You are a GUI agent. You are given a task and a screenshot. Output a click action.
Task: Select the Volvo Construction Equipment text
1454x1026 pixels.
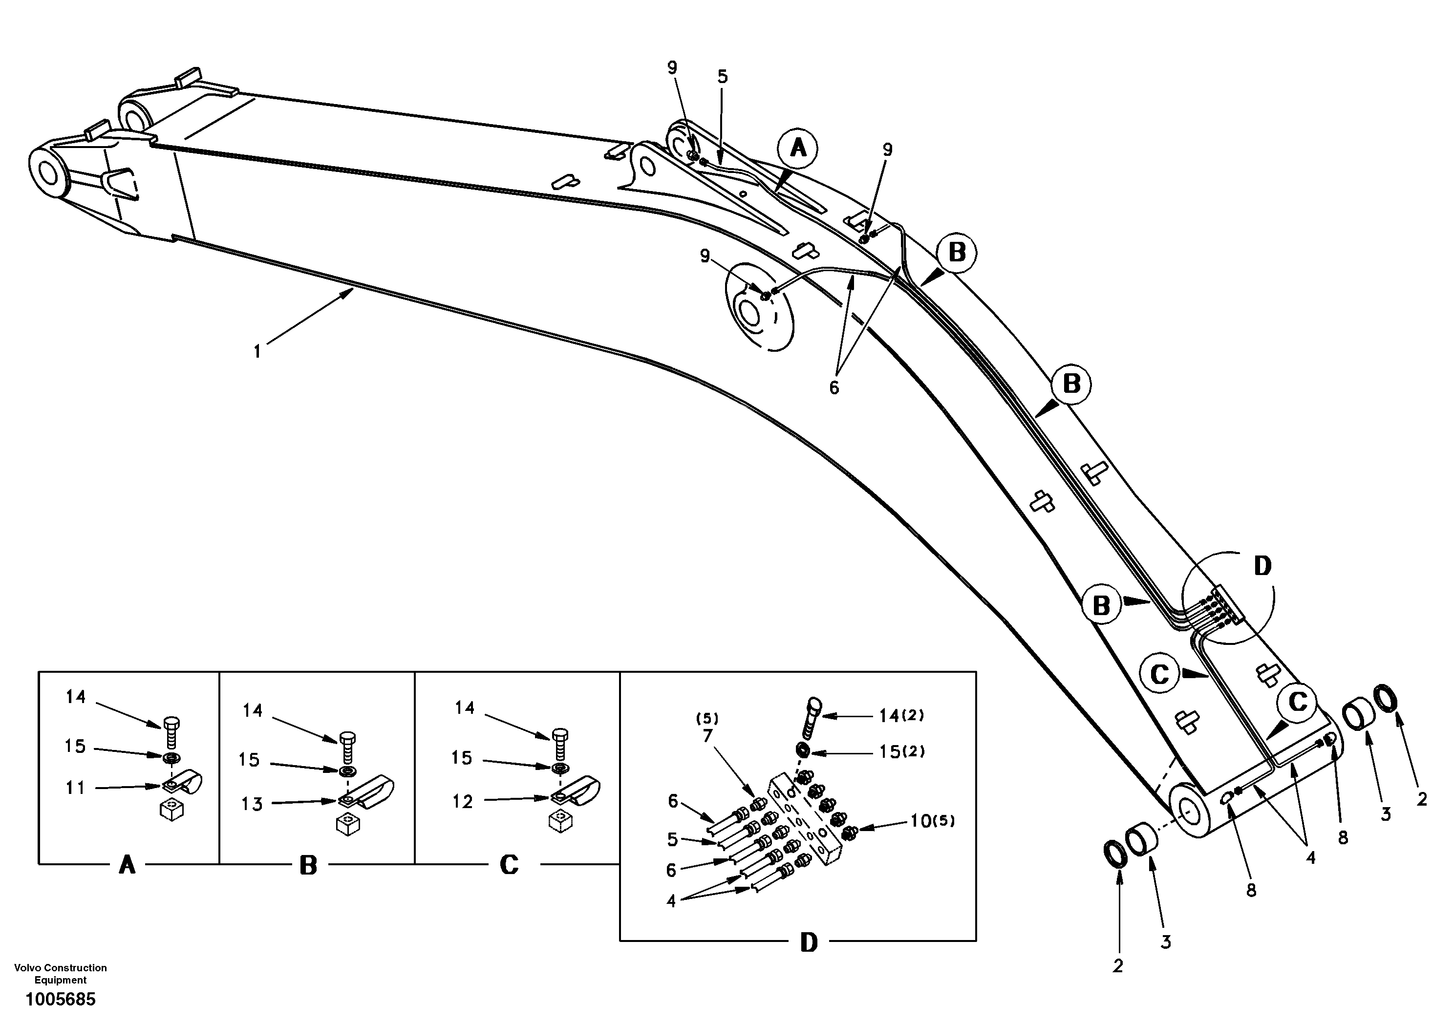point(60,973)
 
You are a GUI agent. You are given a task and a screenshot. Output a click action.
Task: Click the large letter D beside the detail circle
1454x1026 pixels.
point(1262,566)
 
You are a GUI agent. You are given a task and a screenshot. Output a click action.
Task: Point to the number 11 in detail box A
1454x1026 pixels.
point(75,788)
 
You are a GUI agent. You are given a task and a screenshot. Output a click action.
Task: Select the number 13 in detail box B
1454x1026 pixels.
point(252,804)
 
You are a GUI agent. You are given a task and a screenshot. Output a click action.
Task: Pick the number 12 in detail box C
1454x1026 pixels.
point(462,802)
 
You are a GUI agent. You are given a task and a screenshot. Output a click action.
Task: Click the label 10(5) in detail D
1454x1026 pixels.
point(933,821)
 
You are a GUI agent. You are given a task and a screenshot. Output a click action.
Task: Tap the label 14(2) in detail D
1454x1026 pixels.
point(901,716)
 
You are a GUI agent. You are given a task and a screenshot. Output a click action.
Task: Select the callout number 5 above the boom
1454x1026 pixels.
point(723,77)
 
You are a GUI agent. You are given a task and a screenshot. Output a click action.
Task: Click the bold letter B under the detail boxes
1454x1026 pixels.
point(308,865)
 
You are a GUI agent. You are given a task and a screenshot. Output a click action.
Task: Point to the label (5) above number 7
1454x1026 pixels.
point(707,718)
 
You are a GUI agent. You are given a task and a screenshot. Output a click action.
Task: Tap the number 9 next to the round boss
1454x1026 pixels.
point(706,256)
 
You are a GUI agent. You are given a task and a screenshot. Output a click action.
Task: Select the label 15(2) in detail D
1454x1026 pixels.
point(902,752)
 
